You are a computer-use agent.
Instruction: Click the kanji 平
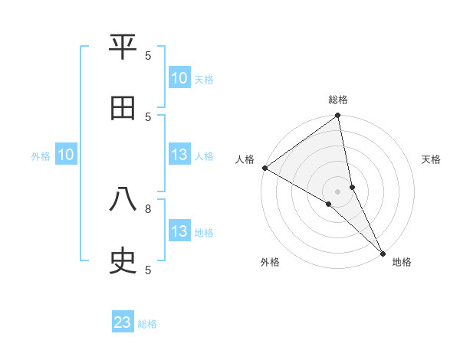(123, 47)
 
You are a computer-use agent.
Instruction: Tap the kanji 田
(123, 108)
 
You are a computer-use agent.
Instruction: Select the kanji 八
(123, 200)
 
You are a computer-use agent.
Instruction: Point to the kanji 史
(123, 261)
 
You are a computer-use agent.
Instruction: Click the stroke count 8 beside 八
(148, 208)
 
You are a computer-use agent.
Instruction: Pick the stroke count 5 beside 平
(148, 55)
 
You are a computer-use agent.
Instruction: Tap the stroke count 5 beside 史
(148, 270)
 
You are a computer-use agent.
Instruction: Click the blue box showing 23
(123, 322)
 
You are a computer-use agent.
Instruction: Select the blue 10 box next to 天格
(179, 78)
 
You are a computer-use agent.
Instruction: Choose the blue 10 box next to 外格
(66, 155)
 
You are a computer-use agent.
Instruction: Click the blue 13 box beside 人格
(179, 155)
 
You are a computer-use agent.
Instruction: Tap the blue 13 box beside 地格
(179, 232)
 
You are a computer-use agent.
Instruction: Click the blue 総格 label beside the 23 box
(147, 324)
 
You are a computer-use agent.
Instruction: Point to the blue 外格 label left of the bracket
(41, 156)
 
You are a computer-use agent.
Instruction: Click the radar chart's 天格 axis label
(431, 159)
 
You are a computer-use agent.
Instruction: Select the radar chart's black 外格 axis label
(270, 262)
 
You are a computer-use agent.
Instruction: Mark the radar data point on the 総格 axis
(338, 116)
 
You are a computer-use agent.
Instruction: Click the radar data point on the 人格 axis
(264, 168)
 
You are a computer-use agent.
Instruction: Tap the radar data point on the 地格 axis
(383, 252)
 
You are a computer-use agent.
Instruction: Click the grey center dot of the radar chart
(338, 191)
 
